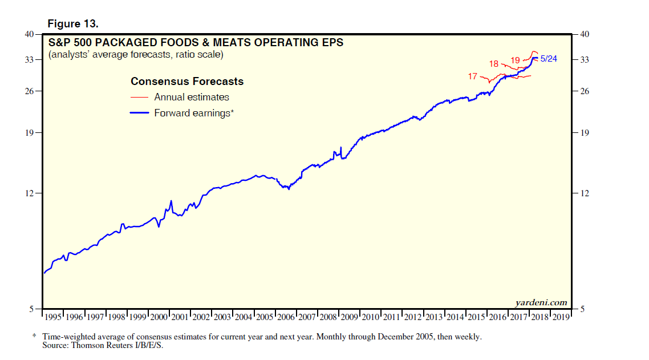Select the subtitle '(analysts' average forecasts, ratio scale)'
[x=136, y=55]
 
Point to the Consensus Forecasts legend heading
[x=187, y=82]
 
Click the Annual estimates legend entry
[x=192, y=97]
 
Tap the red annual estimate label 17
[x=473, y=76]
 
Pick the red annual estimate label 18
[x=494, y=63]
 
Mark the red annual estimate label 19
[x=515, y=60]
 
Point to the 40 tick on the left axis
[x=30, y=34]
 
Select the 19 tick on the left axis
[x=30, y=133]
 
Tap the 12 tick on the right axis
[x=584, y=193]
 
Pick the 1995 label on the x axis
[x=54, y=317]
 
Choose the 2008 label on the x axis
[x=328, y=317]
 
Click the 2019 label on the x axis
[x=561, y=317]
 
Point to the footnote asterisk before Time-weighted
[x=34, y=336]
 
